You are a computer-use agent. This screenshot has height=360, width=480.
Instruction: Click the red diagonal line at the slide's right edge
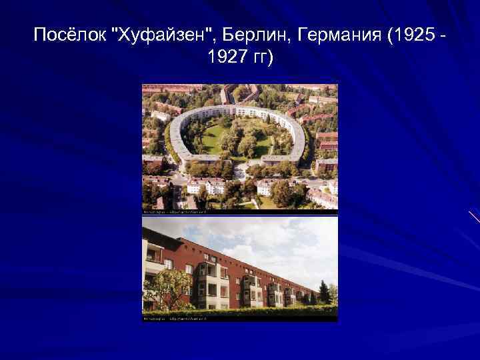[x=474, y=217]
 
